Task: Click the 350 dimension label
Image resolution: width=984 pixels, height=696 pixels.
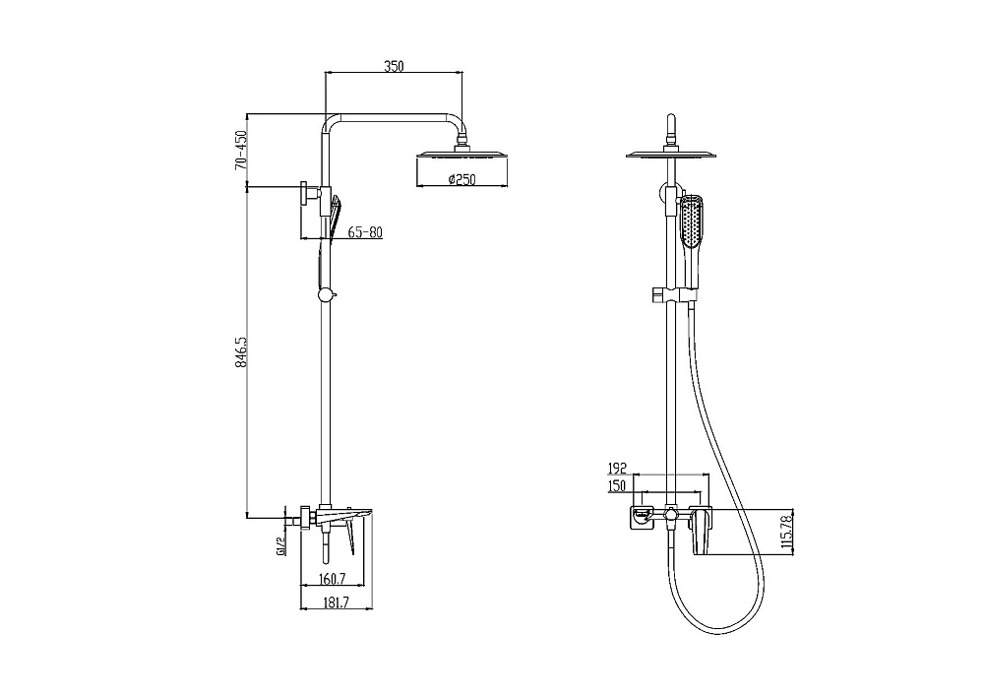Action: tap(394, 65)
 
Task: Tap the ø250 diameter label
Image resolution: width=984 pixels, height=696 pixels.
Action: tap(461, 179)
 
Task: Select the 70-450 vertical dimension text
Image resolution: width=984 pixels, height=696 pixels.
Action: tap(239, 151)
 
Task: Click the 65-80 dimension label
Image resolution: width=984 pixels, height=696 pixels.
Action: tap(365, 232)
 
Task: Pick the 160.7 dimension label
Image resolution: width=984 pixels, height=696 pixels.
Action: tap(333, 579)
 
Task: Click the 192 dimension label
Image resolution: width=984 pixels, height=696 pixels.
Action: tap(618, 469)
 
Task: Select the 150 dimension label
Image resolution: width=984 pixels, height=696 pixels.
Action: tap(618, 485)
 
